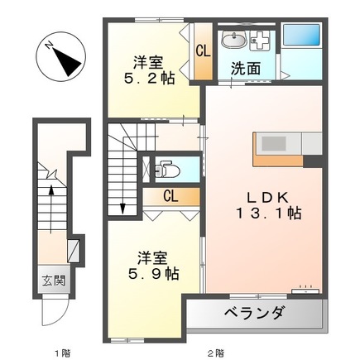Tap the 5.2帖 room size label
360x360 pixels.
coord(149,79)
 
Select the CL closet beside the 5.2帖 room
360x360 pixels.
coord(202,52)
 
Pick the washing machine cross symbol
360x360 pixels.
coord(261,40)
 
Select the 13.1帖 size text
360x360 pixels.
coord(266,214)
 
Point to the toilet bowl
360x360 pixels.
coord(166,169)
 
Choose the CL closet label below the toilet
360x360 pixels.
coord(170,197)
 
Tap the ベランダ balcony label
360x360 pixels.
coord(254,314)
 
